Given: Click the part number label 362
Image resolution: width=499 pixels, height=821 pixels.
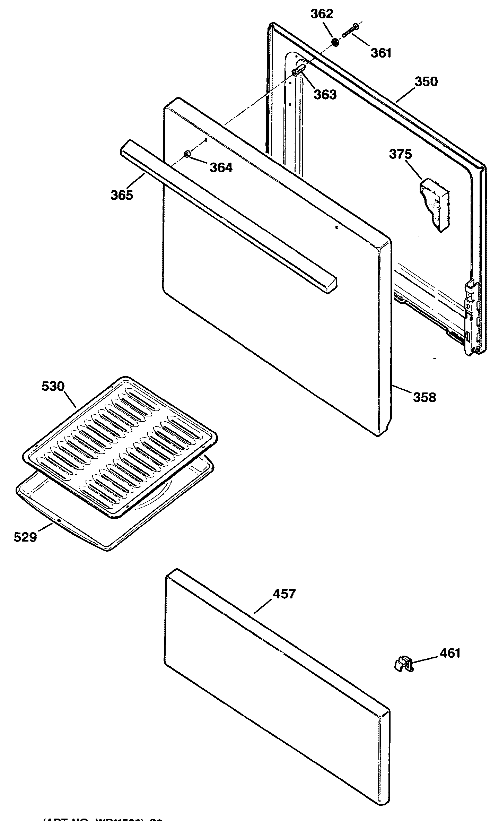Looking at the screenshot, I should [x=322, y=14].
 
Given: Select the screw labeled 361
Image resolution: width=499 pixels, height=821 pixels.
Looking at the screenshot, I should [x=350, y=31].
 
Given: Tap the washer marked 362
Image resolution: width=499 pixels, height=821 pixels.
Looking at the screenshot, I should [x=335, y=42].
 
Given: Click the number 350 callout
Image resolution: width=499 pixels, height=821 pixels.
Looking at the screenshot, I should [x=426, y=81].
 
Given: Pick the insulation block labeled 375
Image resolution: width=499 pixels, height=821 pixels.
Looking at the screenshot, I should [x=434, y=204].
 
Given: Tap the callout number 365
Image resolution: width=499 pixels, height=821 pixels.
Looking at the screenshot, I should [x=122, y=195].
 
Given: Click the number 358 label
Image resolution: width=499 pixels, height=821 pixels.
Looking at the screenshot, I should [x=424, y=397].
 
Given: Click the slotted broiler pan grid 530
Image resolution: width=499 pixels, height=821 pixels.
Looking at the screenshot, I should [x=120, y=447].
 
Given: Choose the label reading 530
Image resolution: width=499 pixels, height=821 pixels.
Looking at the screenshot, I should [x=53, y=386].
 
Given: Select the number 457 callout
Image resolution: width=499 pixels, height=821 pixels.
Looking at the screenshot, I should [x=284, y=594].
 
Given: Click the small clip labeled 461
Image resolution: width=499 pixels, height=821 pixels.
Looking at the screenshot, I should [x=404, y=664].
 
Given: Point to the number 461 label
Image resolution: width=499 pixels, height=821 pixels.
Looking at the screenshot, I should [x=450, y=653].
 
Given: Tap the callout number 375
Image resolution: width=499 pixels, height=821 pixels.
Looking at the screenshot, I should [x=400, y=154].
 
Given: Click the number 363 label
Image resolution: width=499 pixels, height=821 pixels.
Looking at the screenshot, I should [x=325, y=94].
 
